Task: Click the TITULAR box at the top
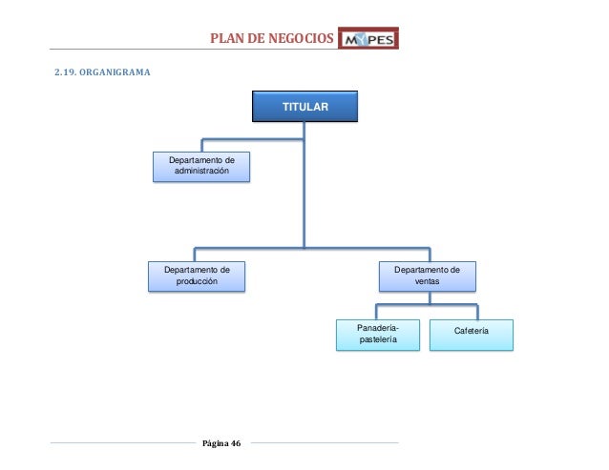click(x=305, y=108)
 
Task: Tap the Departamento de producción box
click(x=196, y=276)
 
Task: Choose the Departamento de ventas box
click(x=427, y=276)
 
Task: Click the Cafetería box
click(x=472, y=334)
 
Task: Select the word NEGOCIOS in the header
click(x=300, y=39)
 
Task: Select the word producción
click(x=196, y=282)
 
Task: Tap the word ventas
click(x=427, y=282)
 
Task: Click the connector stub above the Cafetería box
click(x=476, y=311)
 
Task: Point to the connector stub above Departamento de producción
click(x=195, y=254)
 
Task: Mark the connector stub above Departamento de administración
click(x=200, y=144)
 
